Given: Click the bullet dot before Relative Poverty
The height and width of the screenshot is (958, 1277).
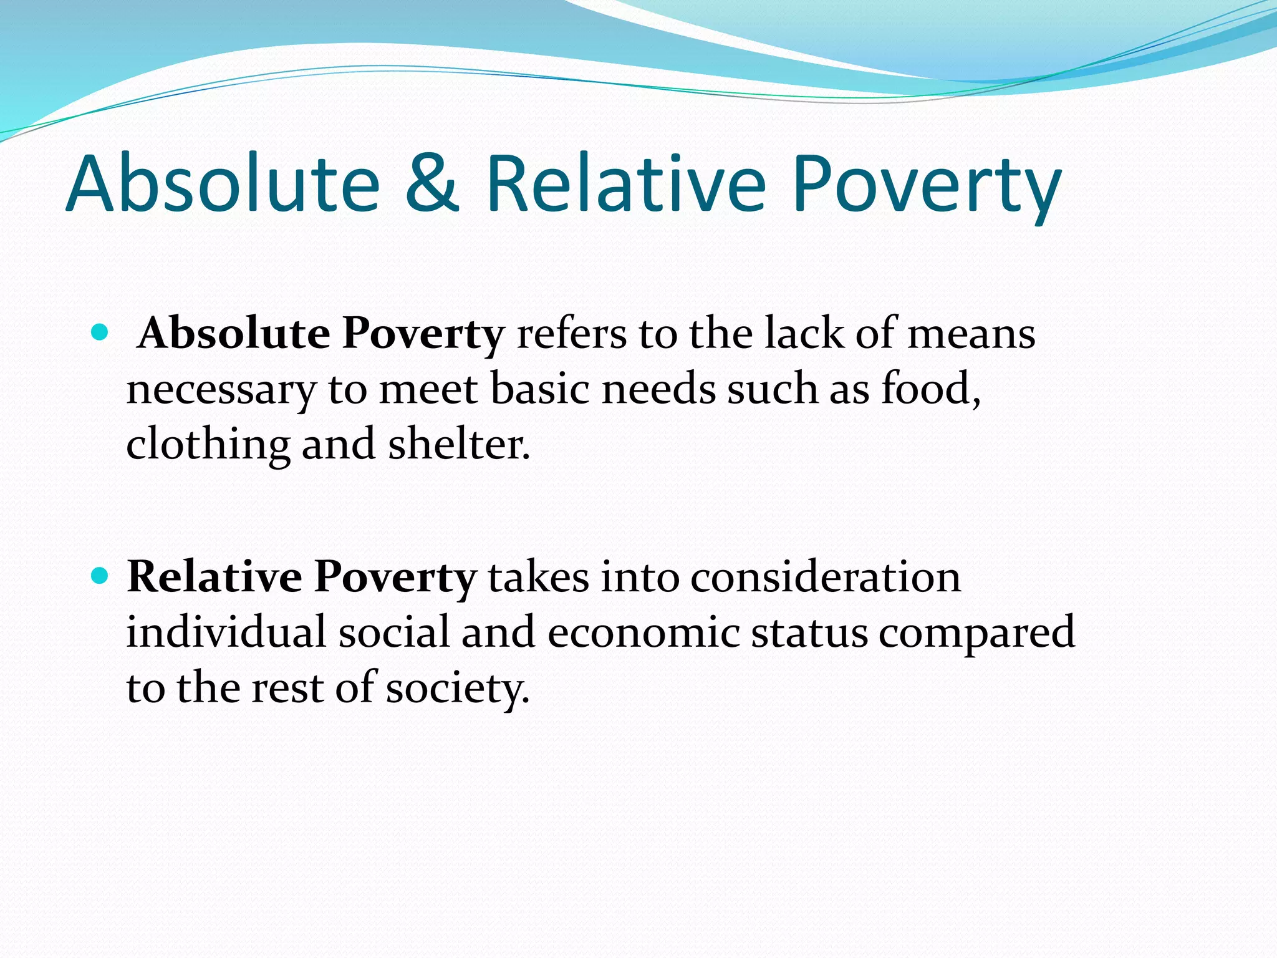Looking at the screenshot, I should point(99,574).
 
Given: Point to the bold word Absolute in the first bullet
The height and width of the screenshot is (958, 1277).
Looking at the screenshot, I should point(234,333).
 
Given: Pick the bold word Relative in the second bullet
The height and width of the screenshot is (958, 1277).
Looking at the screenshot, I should point(214,576).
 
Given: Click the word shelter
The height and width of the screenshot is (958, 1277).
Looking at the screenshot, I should point(459,444).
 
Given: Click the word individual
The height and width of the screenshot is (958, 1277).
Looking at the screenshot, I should point(226,632).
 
